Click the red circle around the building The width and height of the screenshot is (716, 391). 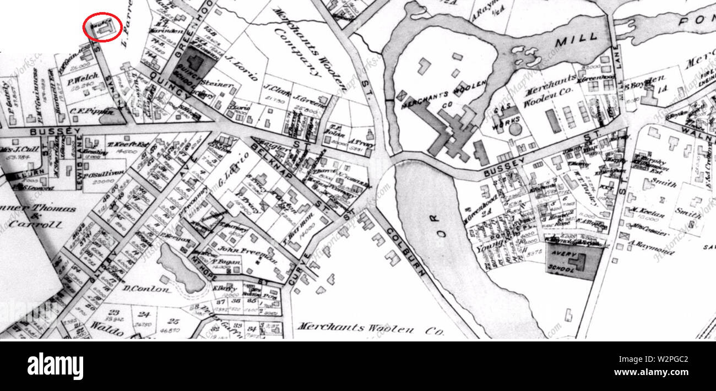pyautogui.click(x=102, y=26)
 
